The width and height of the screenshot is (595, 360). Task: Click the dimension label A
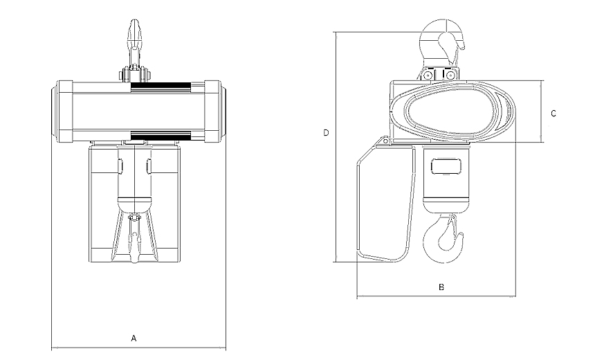click(134, 338)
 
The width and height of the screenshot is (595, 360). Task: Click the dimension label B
click(441, 287)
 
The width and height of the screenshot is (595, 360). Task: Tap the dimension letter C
click(553, 114)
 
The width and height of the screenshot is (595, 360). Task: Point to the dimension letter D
click(326, 133)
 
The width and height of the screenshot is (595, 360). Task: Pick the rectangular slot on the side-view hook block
click(447, 166)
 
